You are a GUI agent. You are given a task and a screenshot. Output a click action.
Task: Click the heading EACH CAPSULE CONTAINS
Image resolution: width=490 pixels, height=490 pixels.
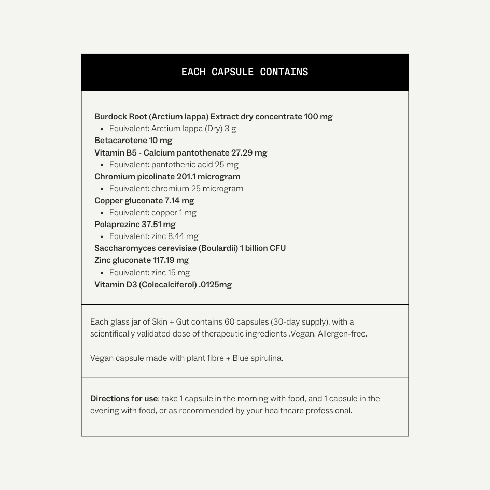(245, 72)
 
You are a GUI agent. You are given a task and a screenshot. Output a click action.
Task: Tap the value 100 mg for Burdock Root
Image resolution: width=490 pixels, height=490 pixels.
(318, 117)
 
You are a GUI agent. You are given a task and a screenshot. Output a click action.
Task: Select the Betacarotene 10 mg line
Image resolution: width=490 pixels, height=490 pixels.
(133, 141)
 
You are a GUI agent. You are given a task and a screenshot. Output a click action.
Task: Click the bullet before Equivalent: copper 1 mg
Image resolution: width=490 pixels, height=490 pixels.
(102, 213)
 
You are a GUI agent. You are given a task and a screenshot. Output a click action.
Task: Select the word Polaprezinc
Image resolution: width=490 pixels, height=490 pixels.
(117, 225)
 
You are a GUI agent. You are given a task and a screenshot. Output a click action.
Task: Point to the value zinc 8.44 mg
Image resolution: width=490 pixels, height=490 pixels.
(175, 236)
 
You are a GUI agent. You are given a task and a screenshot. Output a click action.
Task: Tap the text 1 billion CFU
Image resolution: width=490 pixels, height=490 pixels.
(263, 248)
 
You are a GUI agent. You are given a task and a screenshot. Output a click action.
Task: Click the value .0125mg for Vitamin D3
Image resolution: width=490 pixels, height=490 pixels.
(215, 285)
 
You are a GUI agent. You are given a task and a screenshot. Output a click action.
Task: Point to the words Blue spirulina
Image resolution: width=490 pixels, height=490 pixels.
(258, 358)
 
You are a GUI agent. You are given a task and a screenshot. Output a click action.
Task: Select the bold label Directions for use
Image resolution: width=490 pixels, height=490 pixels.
(124, 399)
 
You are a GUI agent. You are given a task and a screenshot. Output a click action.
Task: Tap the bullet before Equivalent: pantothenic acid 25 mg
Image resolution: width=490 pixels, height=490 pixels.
(102, 165)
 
